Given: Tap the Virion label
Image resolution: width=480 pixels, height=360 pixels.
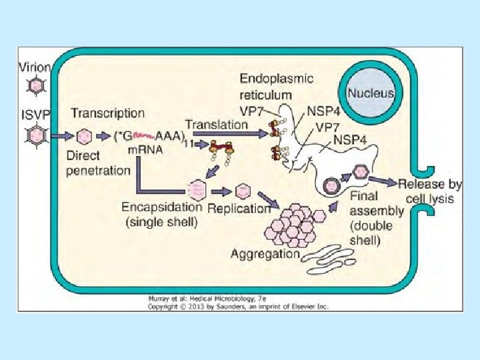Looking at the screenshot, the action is tap(33, 67).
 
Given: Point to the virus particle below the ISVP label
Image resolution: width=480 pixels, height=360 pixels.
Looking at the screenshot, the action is tap(35, 136).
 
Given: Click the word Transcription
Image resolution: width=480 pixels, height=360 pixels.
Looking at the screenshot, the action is tap(107, 113).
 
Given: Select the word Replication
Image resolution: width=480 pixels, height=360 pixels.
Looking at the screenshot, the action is tap(238, 208).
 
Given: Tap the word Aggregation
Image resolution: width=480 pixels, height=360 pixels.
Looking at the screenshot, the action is tap(265, 253).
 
